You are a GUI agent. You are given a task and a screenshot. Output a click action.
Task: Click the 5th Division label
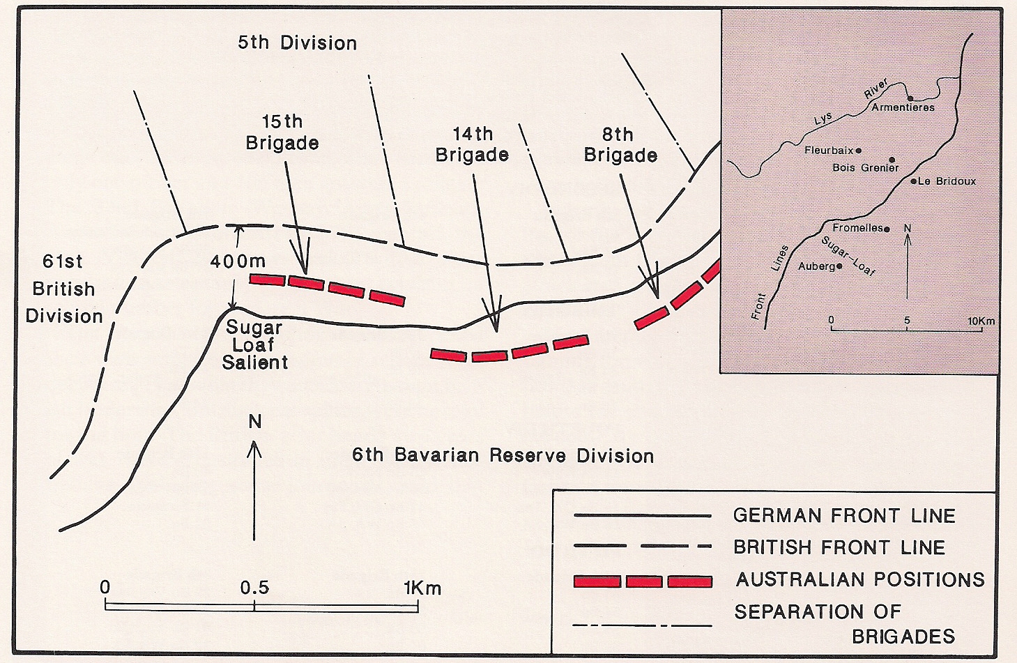point(298,43)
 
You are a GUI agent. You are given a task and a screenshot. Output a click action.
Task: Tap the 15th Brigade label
point(282,132)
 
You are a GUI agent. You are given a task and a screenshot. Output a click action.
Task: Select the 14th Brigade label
point(472,144)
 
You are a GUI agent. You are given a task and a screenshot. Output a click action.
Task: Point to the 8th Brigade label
point(620,144)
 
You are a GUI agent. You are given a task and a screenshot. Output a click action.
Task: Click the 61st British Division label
point(63,289)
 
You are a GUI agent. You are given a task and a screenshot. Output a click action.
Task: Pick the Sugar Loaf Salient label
point(254,345)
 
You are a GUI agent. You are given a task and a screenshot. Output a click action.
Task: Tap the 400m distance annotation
point(238,261)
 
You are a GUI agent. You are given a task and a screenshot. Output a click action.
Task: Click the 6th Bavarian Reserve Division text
point(503,456)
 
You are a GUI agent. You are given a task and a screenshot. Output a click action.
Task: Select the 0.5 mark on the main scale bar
point(254,588)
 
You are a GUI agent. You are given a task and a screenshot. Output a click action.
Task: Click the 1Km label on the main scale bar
point(422,588)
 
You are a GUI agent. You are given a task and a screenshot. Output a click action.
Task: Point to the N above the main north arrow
point(255,422)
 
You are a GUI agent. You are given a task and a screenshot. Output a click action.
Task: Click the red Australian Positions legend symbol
point(642,581)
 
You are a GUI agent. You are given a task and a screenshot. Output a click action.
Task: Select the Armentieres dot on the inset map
point(910,98)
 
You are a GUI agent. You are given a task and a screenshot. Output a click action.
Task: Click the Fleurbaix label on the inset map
point(829,151)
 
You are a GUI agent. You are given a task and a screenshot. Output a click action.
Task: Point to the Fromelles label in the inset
point(857,228)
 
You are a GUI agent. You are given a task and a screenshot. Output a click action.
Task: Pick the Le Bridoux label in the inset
point(947,181)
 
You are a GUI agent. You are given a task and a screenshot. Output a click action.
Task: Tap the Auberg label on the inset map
point(816,266)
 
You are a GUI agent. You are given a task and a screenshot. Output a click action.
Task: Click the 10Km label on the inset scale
point(981,321)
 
